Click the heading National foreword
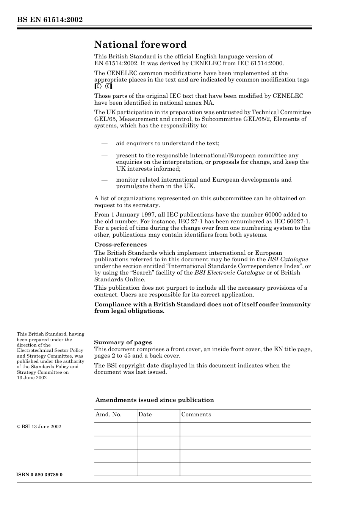(140, 45)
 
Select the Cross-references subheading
(121, 245)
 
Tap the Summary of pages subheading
(123, 342)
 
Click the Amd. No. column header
(108, 414)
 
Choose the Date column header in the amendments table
(145, 414)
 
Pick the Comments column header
(196, 414)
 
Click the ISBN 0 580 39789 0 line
(39, 475)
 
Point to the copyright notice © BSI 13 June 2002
(39, 427)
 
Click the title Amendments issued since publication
(155, 400)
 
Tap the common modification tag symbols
(103, 86)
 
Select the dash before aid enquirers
(104, 143)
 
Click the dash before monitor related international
(104, 180)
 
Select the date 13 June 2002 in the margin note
(32, 378)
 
